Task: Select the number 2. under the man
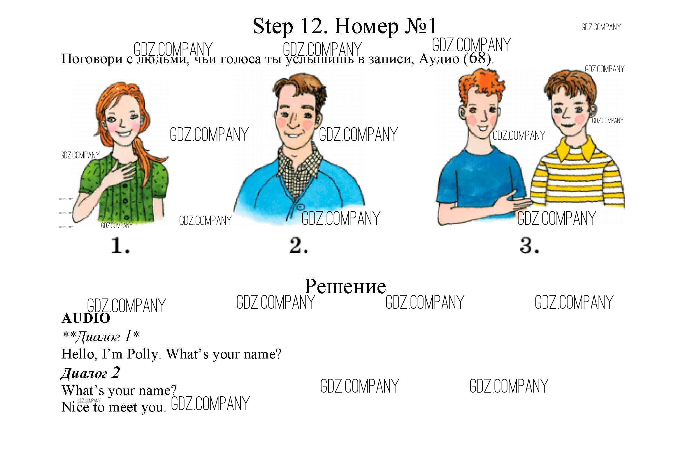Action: [298, 246]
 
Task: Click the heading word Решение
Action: [345, 286]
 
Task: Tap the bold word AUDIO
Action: [86, 318]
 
